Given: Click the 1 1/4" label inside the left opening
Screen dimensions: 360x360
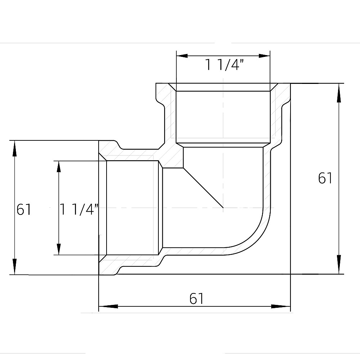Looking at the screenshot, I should [80, 210].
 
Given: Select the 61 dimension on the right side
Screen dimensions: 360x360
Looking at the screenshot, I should [325, 178].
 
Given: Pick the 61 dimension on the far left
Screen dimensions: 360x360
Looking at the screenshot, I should [24, 210].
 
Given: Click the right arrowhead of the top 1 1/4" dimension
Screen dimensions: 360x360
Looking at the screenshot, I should [264, 56].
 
